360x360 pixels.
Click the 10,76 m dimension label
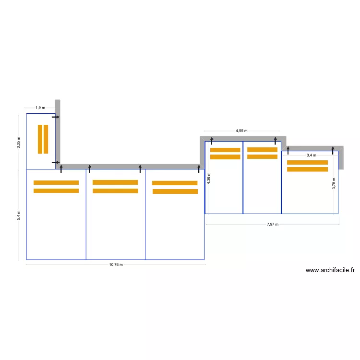pyautogui.click(x=116, y=264)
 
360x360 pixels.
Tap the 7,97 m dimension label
pyautogui.click(x=273, y=224)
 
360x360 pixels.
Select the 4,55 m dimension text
pyautogui.click(x=241, y=131)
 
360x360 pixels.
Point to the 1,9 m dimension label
pyautogui.click(x=40, y=108)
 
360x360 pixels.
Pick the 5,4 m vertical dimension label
pyautogui.click(x=19, y=215)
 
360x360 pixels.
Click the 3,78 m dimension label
pyautogui.click(x=334, y=183)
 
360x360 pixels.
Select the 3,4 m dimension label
pyautogui.click(x=312, y=155)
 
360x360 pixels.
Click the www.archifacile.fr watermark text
pyautogui.click(x=330, y=270)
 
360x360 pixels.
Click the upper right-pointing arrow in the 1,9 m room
pyautogui.click(x=56, y=117)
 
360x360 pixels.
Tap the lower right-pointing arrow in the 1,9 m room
pyautogui.click(x=56, y=162)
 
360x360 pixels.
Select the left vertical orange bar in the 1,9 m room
pyautogui.click(x=40, y=139)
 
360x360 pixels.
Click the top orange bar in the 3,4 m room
pyautogui.click(x=307, y=162)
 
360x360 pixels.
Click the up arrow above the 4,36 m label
pyautogui.click(x=212, y=140)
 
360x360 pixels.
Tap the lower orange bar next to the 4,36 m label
pyautogui.click(x=225, y=157)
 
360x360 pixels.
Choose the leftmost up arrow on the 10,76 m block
pyautogui.click(x=61, y=168)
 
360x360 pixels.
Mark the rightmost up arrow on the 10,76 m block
pyautogui.click(x=199, y=168)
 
